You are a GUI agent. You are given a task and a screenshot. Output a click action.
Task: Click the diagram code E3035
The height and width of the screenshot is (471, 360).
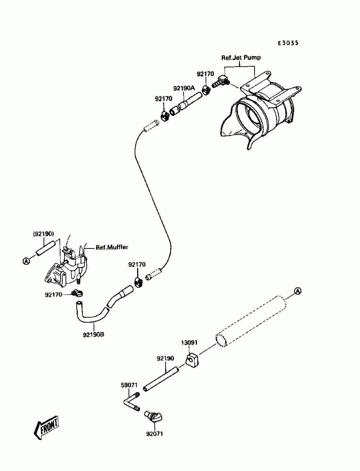click(x=288, y=43)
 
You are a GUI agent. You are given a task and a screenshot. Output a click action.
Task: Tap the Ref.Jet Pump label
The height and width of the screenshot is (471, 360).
click(x=241, y=58)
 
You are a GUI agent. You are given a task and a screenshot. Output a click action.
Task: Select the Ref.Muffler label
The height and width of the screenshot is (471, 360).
click(x=112, y=247)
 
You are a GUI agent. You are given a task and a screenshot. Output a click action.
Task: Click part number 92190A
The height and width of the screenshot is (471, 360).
click(x=184, y=88)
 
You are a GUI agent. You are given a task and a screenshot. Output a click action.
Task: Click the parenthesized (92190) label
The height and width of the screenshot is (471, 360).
click(x=43, y=234)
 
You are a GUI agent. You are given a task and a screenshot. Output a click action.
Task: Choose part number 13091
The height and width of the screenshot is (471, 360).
click(x=189, y=348)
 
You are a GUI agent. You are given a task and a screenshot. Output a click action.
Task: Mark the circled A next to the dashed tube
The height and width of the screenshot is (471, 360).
click(x=298, y=291)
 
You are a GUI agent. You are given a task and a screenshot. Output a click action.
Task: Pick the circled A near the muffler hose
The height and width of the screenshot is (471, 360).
click(x=26, y=261)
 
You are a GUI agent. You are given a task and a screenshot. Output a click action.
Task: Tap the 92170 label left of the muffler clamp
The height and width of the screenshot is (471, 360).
click(x=53, y=295)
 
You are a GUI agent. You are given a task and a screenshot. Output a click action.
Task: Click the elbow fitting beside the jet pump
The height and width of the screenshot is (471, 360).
click(x=221, y=82)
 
